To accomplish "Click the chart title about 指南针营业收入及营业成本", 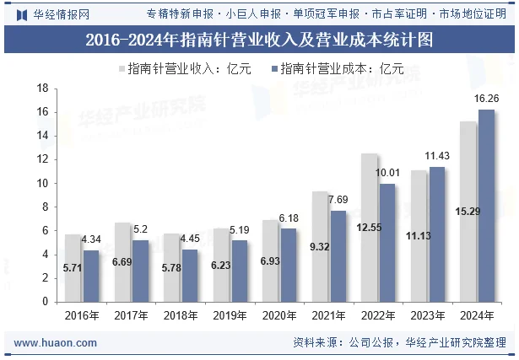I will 259,40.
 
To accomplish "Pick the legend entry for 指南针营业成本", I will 338,68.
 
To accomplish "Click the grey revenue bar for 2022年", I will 369,228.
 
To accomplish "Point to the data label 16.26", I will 486,99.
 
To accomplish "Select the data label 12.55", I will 369,228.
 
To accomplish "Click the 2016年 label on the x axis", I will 82,315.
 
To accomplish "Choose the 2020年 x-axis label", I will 279,315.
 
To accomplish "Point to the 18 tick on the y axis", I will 39,89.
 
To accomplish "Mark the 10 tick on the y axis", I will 39,183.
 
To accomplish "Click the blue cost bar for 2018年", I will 190,275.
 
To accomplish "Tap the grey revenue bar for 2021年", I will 320,246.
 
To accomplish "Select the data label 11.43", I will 437,156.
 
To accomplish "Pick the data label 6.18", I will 289,218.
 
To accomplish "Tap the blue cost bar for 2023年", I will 437,234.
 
